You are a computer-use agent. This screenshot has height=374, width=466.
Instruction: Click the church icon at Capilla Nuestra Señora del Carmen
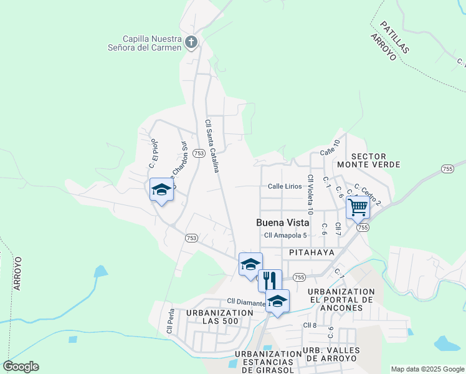[191, 43]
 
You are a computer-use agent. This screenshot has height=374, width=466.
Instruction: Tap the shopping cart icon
[358, 206]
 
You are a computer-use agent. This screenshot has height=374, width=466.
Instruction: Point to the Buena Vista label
[282, 223]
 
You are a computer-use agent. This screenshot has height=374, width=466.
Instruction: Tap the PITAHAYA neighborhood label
[311, 252]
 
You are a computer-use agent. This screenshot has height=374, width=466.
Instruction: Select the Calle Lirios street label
[285, 186]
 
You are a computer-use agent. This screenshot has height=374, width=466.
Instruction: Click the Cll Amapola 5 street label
[286, 235]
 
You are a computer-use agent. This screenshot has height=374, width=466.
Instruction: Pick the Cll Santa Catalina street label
[212, 146]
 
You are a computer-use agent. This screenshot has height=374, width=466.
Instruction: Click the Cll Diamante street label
[246, 302]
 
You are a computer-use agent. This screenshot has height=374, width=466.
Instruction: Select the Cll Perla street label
[169, 320]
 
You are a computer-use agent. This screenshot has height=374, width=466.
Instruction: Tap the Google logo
[21, 367]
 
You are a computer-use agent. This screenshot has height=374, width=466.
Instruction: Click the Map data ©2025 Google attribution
[427, 368]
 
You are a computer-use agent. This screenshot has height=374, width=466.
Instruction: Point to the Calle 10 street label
[330, 148]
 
